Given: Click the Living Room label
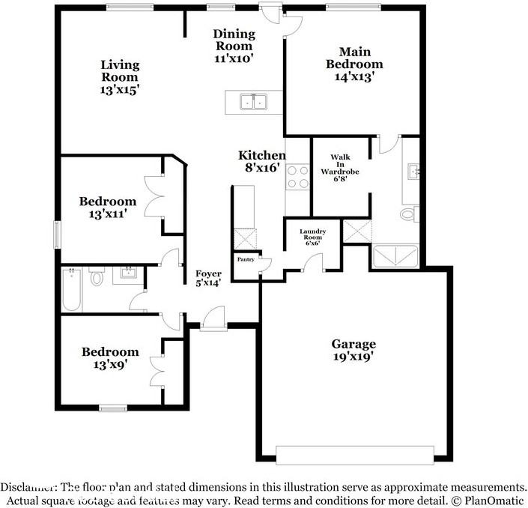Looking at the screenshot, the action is [120, 77].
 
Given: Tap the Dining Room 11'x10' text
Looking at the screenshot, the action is [234, 46].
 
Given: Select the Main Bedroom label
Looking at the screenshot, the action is [354, 64].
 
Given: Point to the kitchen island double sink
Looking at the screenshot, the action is [254, 101].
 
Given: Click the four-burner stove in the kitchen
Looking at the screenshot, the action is [297, 177].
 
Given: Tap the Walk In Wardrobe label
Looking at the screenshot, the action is [340, 167].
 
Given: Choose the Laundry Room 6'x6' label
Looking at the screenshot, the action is [312, 237].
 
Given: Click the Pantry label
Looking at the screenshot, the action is [246, 259].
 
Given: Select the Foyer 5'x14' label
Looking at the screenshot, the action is [208, 278].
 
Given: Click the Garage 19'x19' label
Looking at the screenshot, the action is [353, 350].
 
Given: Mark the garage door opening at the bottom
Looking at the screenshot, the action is [355, 456].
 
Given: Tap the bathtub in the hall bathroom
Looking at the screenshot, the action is [72, 289].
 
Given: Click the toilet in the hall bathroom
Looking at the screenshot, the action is [97, 276].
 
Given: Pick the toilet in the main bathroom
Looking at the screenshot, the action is [410, 214].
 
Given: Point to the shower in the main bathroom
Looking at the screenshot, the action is [395, 256].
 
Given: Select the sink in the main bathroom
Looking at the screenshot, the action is [413, 172].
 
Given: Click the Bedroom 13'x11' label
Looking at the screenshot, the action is [108, 208].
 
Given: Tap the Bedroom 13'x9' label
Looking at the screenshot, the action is [110, 358].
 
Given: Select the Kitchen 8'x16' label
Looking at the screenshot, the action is [262, 161].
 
